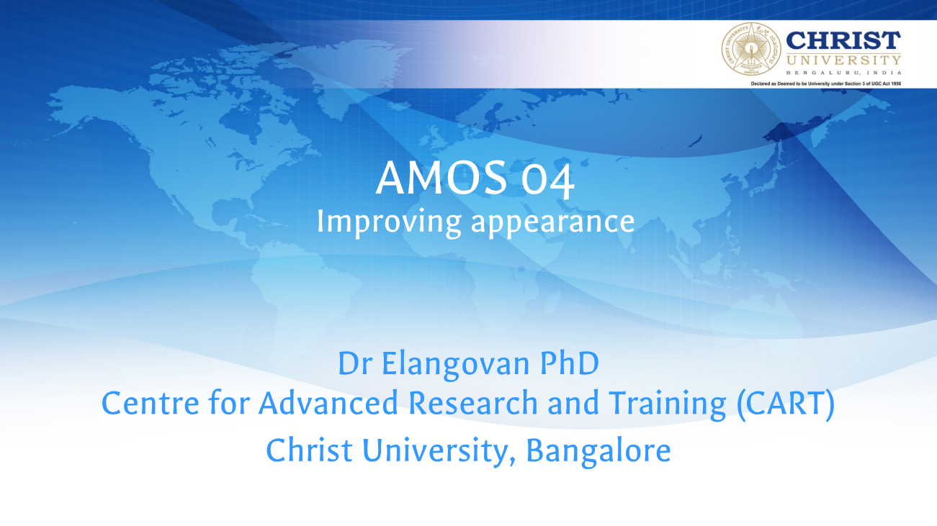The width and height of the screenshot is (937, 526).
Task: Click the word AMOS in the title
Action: pos(441,178)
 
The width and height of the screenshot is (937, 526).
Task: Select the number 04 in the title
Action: pos(548,180)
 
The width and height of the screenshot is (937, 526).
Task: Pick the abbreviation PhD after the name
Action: pos(570,363)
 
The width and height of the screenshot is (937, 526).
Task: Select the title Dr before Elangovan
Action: pos(355,363)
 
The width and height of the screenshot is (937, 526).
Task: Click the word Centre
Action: pos(151,403)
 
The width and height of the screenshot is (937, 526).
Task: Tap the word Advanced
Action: pos(328,402)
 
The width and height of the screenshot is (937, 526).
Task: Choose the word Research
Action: pos(472,403)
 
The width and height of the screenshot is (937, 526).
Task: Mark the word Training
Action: pos(667,404)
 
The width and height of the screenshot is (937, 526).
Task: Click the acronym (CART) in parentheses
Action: pos(786,404)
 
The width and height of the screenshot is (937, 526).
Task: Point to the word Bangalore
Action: pos(598,451)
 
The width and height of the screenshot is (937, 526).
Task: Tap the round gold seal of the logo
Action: pos(751,49)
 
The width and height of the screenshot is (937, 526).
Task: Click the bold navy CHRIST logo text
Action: pos(843,40)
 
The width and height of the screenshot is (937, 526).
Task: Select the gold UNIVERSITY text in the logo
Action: pos(843,60)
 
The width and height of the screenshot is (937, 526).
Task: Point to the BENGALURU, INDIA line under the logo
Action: pos(843,73)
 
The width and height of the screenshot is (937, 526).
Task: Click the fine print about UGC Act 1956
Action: pos(826,83)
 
